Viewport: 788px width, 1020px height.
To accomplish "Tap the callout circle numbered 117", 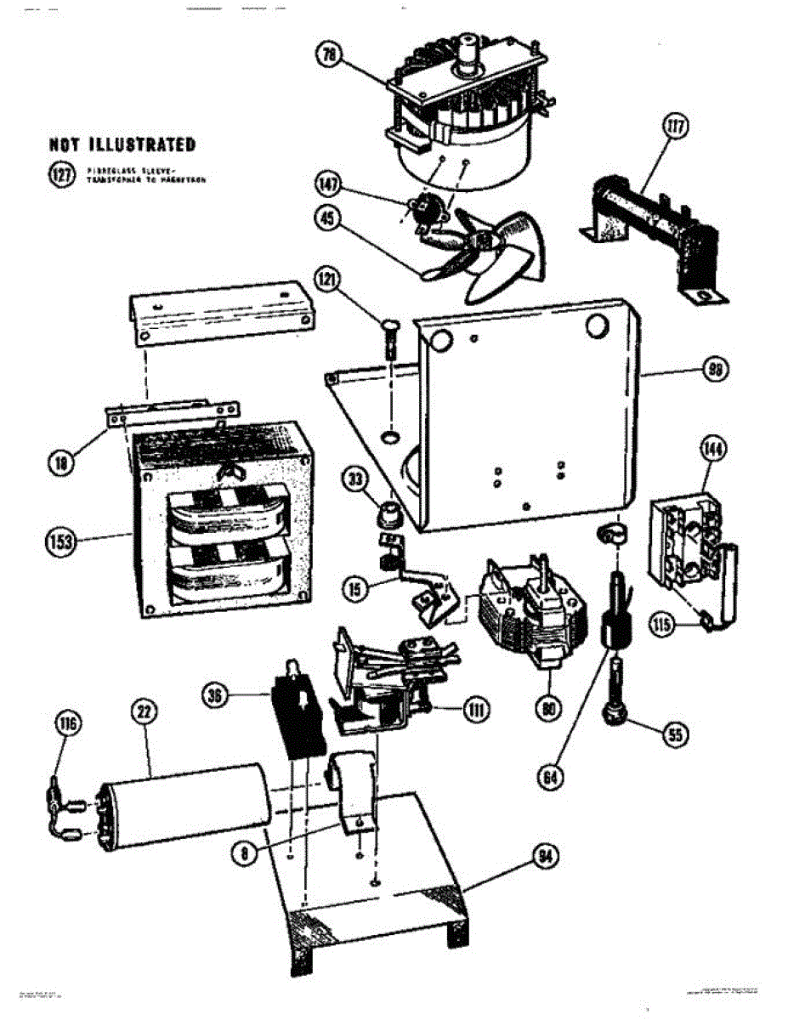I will click(x=677, y=128).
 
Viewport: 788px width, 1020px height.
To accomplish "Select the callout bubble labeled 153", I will click(x=61, y=541).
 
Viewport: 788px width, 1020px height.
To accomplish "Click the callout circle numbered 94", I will click(x=545, y=857).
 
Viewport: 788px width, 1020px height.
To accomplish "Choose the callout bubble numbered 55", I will click(x=674, y=736).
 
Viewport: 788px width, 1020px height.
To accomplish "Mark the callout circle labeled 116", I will click(x=67, y=724).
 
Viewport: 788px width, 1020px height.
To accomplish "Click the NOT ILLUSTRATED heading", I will click(x=122, y=144).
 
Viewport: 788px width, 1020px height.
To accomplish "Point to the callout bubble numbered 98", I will click(x=716, y=370).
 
